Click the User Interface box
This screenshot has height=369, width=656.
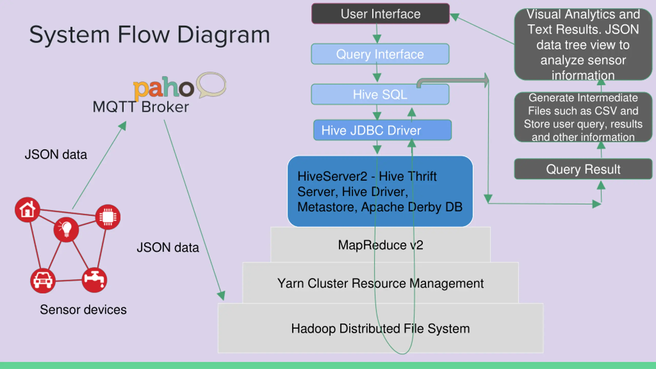pos(381,14)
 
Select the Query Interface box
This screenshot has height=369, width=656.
pos(380,54)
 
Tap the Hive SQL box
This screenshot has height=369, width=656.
pos(380,94)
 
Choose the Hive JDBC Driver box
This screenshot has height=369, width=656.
pos(382,130)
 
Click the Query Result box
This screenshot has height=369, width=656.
pos(583,169)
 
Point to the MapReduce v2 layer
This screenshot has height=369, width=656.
pos(381,245)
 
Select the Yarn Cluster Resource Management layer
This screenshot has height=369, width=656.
pos(381,283)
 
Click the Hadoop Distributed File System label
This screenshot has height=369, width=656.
pos(381,329)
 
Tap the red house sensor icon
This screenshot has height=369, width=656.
pos(27,210)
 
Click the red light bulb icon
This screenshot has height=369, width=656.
pos(66,229)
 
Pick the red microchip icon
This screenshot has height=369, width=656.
pos(108,217)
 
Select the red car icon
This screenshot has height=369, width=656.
pos(43,281)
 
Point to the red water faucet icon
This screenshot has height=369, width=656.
pos(94,280)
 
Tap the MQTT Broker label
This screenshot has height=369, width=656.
pos(141,107)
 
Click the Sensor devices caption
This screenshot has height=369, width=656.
pos(83,310)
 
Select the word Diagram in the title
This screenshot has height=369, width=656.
pos(223,35)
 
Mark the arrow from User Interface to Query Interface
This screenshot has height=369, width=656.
pos(377,34)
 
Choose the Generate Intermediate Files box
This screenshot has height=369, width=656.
pos(583,117)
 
